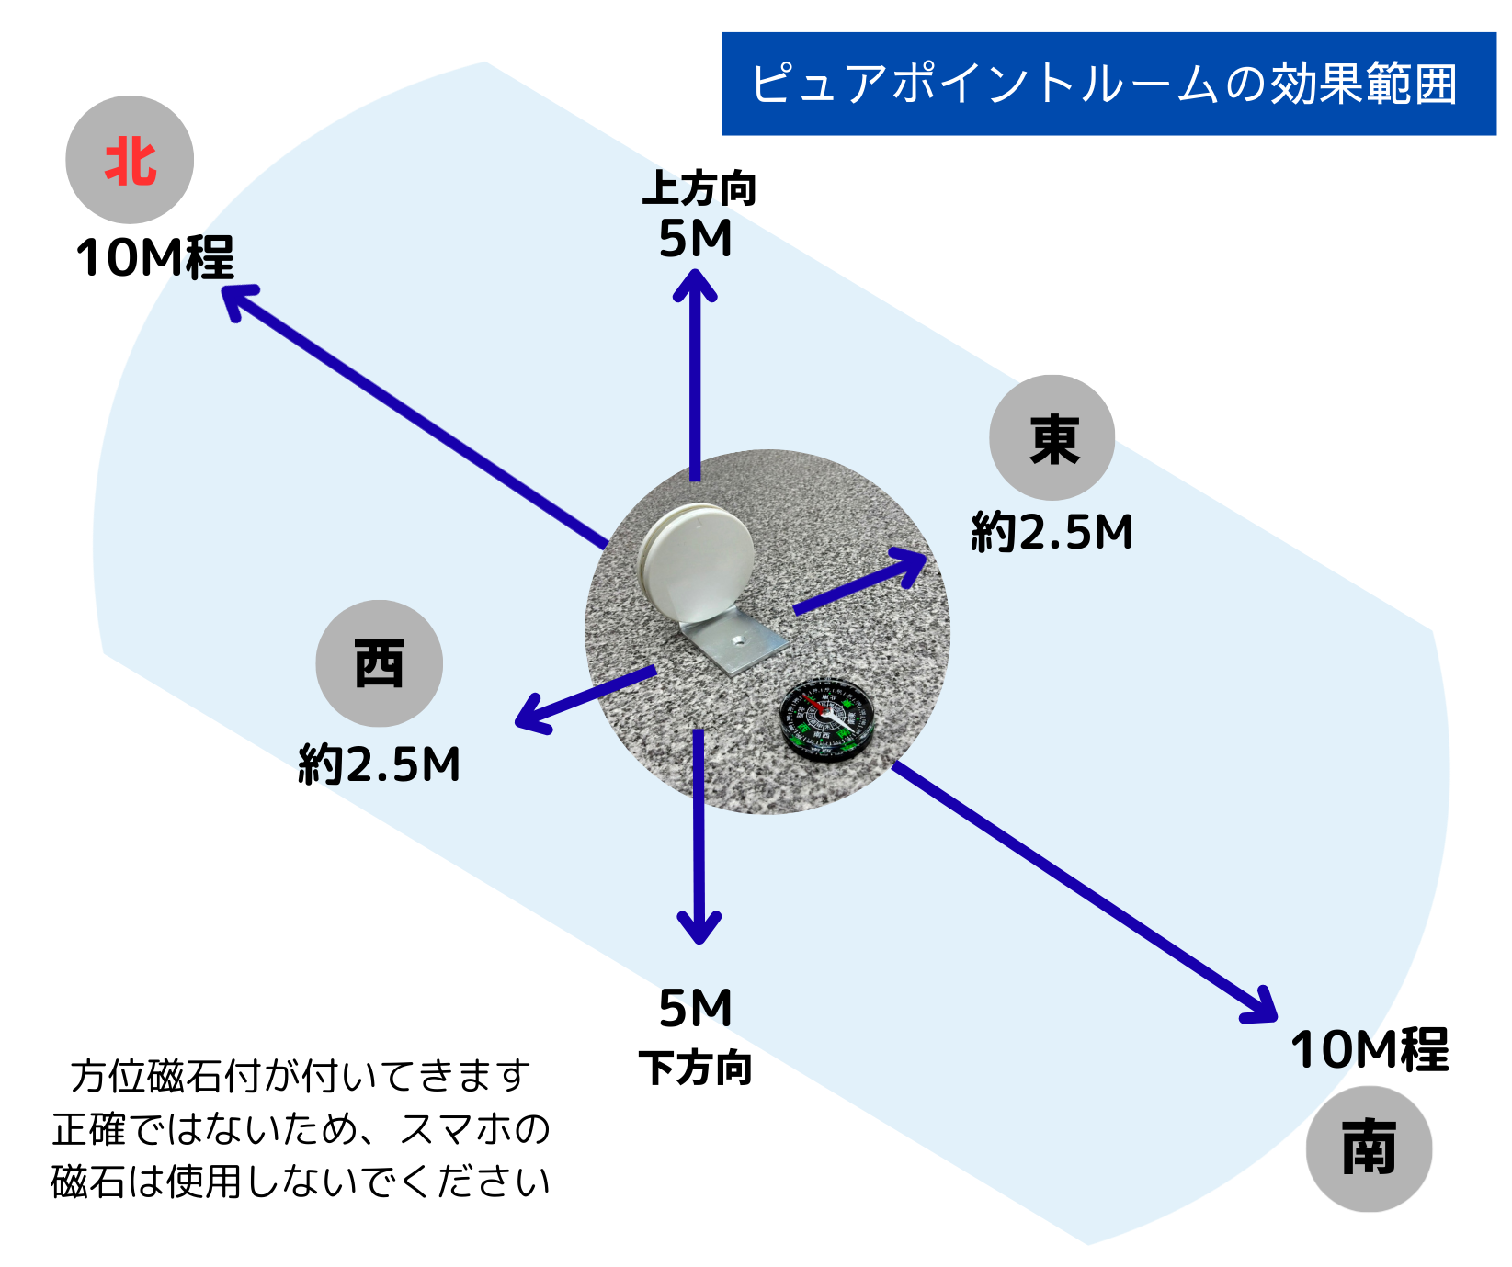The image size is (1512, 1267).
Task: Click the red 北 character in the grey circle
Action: tap(130, 162)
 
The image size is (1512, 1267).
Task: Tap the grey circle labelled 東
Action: tap(1052, 438)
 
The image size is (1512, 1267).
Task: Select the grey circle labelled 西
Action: tap(379, 663)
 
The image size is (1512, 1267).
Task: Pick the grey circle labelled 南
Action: tap(1369, 1148)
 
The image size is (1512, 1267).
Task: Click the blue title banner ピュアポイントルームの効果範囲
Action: tap(1108, 84)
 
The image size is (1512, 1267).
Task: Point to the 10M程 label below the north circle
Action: tap(154, 258)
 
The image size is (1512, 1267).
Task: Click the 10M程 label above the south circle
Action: tap(1369, 1050)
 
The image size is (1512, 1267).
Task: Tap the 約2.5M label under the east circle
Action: tap(1052, 533)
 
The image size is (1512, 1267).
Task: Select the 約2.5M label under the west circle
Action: tap(379, 764)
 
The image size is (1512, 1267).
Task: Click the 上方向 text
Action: tap(699, 189)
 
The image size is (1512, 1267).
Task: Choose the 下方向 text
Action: tap(696, 1069)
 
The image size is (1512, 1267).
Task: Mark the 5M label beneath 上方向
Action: tap(695, 239)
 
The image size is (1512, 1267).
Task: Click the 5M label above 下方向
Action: tap(695, 1009)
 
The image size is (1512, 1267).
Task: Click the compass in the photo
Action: tap(826, 718)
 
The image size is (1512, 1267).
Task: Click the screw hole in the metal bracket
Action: tap(737, 636)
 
